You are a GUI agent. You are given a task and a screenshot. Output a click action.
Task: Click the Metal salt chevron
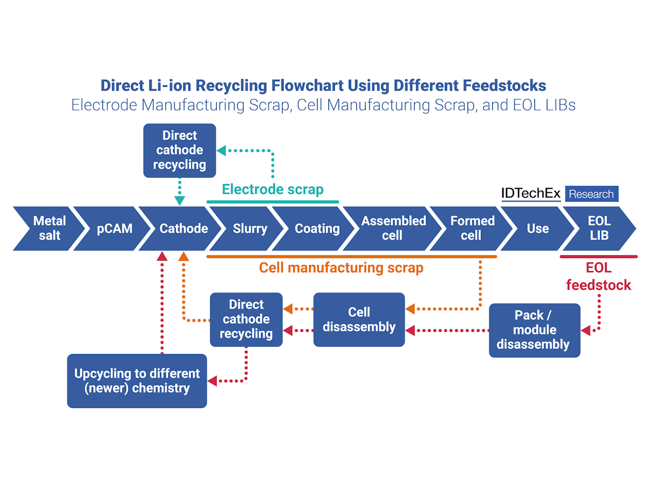pyautogui.click(x=49, y=228)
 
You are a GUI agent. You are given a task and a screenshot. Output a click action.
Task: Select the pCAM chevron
pyautogui.click(x=114, y=228)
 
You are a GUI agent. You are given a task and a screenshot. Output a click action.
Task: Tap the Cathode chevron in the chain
pyautogui.click(x=183, y=228)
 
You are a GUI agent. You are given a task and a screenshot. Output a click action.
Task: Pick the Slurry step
pyautogui.click(x=250, y=228)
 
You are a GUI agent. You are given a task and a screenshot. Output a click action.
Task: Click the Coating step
pyautogui.click(x=317, y=228)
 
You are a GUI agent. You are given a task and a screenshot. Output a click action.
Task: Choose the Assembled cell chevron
pyautogui.click(x=393, y=228)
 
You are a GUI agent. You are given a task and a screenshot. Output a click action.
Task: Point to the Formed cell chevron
pyautogui.click(x=472, y=228)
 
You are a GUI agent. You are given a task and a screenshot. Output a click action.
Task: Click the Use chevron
pyautogui.click(x=538, y=228)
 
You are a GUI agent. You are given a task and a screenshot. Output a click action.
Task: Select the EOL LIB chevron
pyautogui.click(x=598, y=228)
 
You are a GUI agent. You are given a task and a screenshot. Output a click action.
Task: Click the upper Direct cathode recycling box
pyautogui.click(x=180, y=150)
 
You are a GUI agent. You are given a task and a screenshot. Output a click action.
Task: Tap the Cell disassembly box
pyautogui.click(x=359, y=320)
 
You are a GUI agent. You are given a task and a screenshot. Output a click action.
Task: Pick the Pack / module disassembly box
pyautogui.click(x=534, y=330)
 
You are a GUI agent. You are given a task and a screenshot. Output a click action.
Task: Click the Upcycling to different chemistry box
pyautogui.click(x=137, y=380)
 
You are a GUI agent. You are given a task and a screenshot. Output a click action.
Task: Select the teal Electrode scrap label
pyautogui.click(x=273, y=189)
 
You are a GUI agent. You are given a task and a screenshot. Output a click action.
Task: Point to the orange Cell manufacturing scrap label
pyautogui.click(x=341, y=268)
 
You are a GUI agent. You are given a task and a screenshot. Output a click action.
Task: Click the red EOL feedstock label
pyautogui.click(x=598, y=277)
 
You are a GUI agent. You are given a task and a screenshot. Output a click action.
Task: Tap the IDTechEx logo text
pyautogui.click(x=531, y=193)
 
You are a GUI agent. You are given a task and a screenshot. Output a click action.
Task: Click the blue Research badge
pyautogui.click(x=591, y=194)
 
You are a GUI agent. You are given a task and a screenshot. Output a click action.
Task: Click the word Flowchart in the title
pyautogui.click(x=304, y=85)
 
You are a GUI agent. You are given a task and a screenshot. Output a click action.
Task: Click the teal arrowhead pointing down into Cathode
pyautogui.click(x=180, y=201)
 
